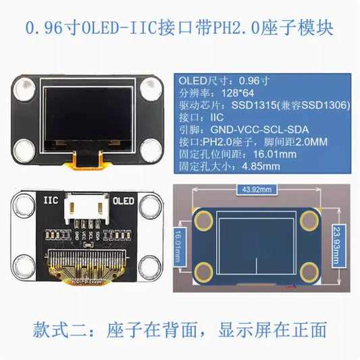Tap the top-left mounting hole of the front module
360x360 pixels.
click(x=25, y=89)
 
